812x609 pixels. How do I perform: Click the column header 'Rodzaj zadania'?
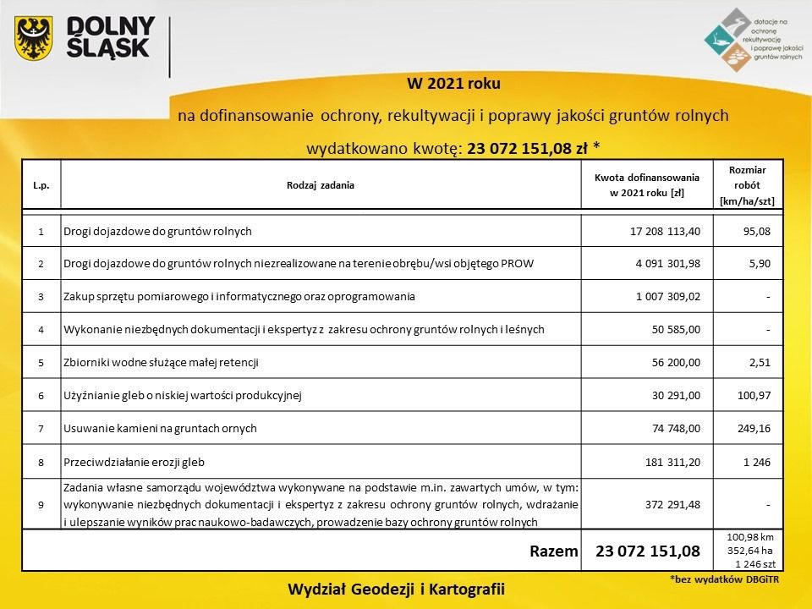321,184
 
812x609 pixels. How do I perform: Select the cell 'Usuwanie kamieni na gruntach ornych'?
160,429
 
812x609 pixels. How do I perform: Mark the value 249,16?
754,429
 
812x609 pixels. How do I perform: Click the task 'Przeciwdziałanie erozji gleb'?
134,462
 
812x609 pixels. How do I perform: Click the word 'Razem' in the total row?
553,551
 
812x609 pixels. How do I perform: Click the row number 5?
41,363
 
